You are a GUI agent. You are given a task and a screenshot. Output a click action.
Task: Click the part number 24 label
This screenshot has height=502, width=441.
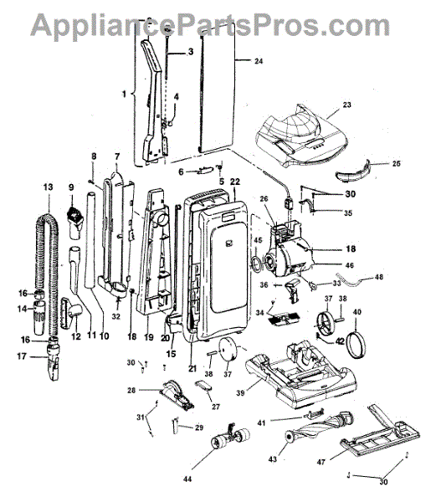coord(259,61)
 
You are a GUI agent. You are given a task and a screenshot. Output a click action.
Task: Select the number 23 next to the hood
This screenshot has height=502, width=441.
coord(347,105)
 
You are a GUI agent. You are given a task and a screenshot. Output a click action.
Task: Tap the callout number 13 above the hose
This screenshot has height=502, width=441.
coord(48,187)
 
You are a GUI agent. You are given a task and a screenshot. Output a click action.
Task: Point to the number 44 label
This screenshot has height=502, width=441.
coord(187,479)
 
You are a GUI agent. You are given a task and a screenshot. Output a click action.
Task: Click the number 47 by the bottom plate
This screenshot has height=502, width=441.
coord(321,462)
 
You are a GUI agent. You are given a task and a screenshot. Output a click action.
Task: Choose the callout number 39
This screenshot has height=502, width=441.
coord(240,392)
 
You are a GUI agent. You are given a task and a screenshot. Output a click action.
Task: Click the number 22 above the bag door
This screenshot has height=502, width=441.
coord(235,182)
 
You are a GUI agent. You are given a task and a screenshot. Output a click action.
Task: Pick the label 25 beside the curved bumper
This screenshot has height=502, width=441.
coord(397,163)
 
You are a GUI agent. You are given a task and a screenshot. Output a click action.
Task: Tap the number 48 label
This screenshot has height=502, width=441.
coord(379,276)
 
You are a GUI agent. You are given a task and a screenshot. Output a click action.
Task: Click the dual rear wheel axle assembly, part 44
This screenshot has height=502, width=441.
coord(230,435)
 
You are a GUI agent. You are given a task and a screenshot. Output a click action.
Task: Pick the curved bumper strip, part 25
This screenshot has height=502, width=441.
coord(352,171)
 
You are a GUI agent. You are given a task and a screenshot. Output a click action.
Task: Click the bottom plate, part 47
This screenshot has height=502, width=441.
coord(380,431)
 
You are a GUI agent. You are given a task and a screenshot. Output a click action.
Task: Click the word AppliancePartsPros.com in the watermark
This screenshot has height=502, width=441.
coord(210,26)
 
